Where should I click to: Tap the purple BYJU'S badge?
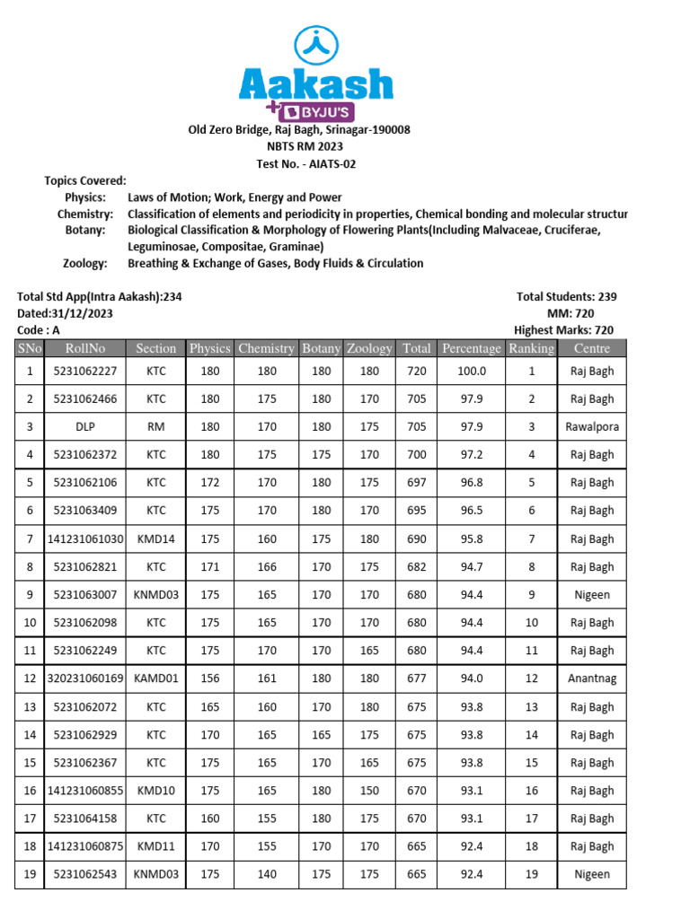coord(316,112)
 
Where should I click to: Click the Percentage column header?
coord(472,348)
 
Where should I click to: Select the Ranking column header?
coord(531,348)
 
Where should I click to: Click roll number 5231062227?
coord(85,371)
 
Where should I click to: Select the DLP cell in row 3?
coord(85,427)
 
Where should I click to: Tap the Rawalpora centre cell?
coord(591,427)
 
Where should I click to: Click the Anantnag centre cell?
coord(591,678)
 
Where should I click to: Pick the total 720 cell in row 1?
coord(416,371)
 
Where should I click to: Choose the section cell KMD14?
coord(156,538)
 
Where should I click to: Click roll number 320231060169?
coord(85,678)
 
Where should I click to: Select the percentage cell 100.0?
coord(472,371)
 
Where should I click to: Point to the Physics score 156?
coord(209,678)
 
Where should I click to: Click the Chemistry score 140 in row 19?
coord(266,874)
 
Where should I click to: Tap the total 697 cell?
coord(416,483)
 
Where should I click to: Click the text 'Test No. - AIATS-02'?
coord(299,163)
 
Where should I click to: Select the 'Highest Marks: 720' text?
coord(563,330)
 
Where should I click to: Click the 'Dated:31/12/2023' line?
coord(66,313)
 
